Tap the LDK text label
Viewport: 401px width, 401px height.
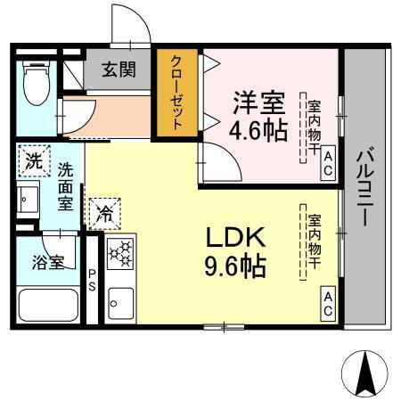click(236, 238)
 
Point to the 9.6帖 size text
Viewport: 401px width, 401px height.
click(236, 266)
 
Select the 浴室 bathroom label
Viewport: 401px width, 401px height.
click(49, 262)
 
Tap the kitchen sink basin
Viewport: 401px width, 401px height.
click(119, 303)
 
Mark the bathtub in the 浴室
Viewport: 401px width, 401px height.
click(50, 307)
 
